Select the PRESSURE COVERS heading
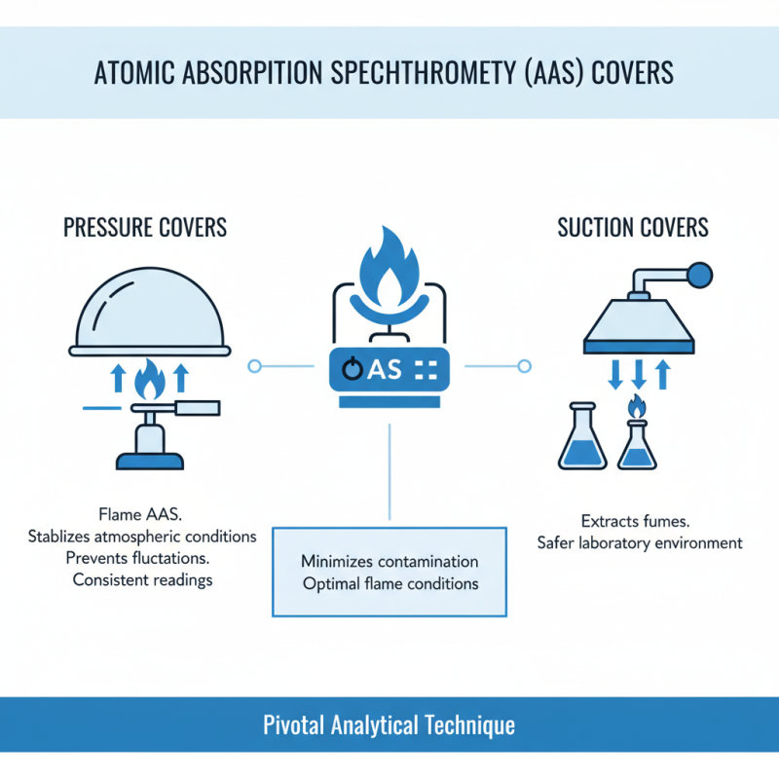(145, 228)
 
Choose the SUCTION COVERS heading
(633, 228)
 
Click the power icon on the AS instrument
(352, 369)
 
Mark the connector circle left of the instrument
(255, 366)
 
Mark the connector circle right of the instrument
(524, 366)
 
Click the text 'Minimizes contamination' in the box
(389, 562)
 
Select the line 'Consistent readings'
(142, 579)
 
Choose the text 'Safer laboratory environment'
(639, 542)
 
